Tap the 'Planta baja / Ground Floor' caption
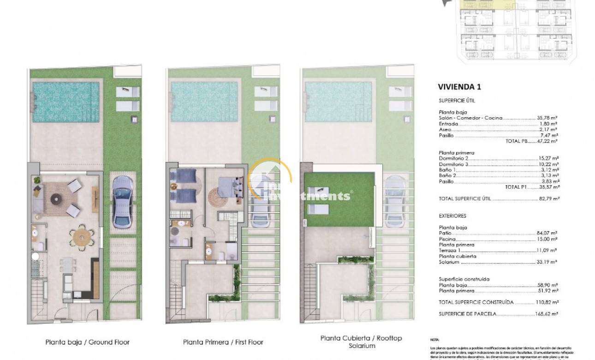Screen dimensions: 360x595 [x=87, y=342]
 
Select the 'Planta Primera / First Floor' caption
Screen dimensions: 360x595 [x=223, y=342]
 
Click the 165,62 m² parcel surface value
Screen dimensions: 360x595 [x=545, y=314]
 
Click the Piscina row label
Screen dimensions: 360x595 [x=447, y=239]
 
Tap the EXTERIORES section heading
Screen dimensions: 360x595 [x=452, y=216]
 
